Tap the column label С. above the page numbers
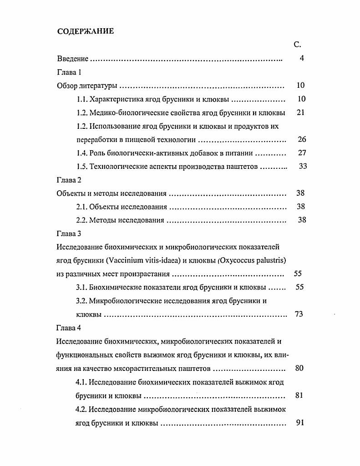(x=297, y=45)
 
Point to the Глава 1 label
(x=69, y=72)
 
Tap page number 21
(x=300, y=112)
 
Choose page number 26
(x=301, y=139)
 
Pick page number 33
(x=303, y=166)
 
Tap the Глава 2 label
(x=69, y=180)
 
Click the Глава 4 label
(x=69, y=328)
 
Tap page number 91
(x=299, y=422)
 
